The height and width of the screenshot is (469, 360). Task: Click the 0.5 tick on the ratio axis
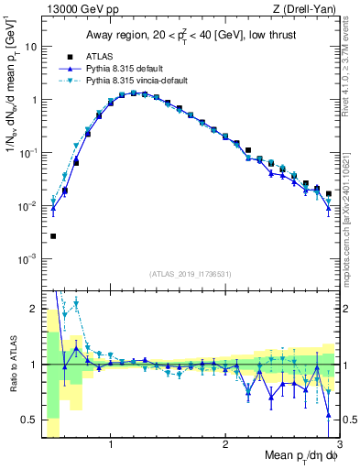[x=28, y=419]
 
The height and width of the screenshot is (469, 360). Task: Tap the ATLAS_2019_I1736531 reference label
[x=191, y=273]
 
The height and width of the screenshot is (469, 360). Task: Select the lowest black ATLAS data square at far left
[x=53, y=236]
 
